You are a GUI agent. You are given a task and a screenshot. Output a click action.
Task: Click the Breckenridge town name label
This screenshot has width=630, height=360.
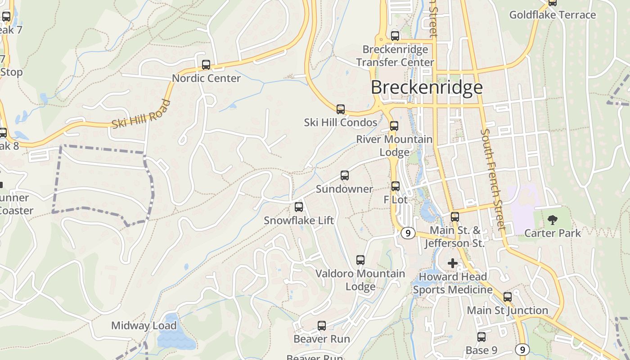[x=426, y=87]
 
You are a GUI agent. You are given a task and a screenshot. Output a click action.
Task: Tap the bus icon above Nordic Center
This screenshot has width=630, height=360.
[x=206, y=65]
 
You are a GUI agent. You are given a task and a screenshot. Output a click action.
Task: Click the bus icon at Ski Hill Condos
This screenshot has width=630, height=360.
[x=341, y=109]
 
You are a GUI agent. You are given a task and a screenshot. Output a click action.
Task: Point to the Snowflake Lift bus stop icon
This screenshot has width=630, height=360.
[x=299, y=207]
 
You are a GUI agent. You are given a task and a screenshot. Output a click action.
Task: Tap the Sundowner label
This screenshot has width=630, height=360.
[x=344, y=189]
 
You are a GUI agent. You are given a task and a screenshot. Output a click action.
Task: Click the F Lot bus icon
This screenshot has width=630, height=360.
[x=396, y=186]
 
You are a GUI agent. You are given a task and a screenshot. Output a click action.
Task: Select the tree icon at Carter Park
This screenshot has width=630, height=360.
[x=553, y=220]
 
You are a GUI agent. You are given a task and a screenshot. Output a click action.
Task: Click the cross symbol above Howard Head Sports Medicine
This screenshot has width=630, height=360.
[x=453, y=263]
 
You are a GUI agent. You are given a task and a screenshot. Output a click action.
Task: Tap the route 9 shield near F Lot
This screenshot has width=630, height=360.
[x=408, y=233]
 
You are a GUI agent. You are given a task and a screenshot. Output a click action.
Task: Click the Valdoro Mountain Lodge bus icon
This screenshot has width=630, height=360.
[x=360, y=260]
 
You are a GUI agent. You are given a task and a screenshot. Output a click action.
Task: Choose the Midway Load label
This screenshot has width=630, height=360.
[x=144, y=326]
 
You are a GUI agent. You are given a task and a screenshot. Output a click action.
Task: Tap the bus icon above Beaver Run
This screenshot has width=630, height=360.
[x=322, y=326]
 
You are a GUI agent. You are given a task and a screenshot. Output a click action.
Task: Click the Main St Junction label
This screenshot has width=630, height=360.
[x=507, y=310]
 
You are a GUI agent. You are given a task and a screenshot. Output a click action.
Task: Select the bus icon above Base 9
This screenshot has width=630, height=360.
[x=481, y=337]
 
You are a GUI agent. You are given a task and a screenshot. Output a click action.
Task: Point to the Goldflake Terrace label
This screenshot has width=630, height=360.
[x=552, y=15]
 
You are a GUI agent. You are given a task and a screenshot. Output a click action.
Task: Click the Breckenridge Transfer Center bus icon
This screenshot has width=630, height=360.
[x=395, y=36]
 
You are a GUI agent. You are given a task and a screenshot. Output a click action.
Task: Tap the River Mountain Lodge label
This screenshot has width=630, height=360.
[x=394, y=146]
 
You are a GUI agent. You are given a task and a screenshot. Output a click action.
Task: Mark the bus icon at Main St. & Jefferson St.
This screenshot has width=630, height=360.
[x=455, y=217]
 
